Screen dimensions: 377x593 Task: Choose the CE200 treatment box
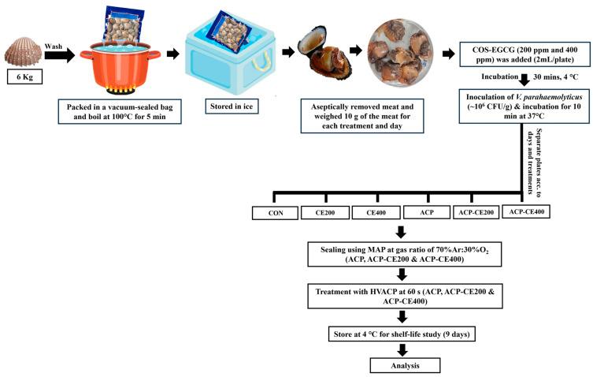coord(324,212)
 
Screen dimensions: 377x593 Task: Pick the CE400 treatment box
coord(375,212)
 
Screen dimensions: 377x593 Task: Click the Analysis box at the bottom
coord(402,365)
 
